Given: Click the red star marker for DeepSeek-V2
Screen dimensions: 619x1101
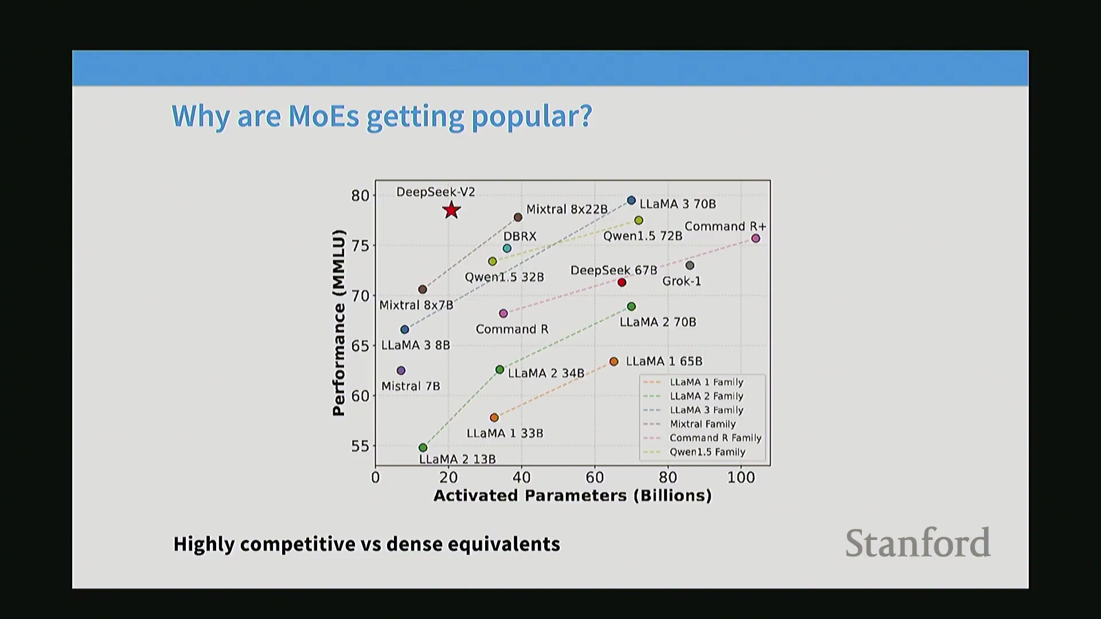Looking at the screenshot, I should [x=451, y=210].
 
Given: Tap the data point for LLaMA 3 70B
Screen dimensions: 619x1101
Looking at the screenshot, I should [x=631, y=201].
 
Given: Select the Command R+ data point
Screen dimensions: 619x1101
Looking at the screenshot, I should [x=756, y=238].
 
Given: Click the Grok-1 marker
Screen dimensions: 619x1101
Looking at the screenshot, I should [x=690, y=265].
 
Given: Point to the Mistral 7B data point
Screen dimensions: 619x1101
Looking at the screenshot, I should [x=401, y=371].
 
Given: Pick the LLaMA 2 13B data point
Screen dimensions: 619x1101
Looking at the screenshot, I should [x=423, y=448].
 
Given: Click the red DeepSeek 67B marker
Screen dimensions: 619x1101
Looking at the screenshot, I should [x=622, y=283].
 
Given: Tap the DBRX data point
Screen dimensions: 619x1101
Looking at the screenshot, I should [x=507, y=249].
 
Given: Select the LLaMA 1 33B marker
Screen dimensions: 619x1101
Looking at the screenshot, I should [x=494, y=418].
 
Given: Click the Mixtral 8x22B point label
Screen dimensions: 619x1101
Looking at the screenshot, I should [x=567, y=210].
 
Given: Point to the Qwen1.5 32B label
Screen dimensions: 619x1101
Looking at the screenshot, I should [x=504, y=277].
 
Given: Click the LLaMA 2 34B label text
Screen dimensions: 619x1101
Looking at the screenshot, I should [x=546, y=374].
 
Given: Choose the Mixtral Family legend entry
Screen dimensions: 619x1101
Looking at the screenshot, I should [x=702, y=424].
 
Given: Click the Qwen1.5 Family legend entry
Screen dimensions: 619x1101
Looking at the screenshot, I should [x=707, y=452].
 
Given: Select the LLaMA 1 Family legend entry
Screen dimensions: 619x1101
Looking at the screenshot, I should [x=706, y=382].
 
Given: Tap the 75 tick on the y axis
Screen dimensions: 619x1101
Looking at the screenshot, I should [x=360, y=246].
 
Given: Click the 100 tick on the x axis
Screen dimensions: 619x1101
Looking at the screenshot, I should [x=741, y=477].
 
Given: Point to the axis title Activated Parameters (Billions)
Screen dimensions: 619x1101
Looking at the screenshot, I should [x=572, y=496].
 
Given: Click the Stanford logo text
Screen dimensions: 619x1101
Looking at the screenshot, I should [x=918, y=543].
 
